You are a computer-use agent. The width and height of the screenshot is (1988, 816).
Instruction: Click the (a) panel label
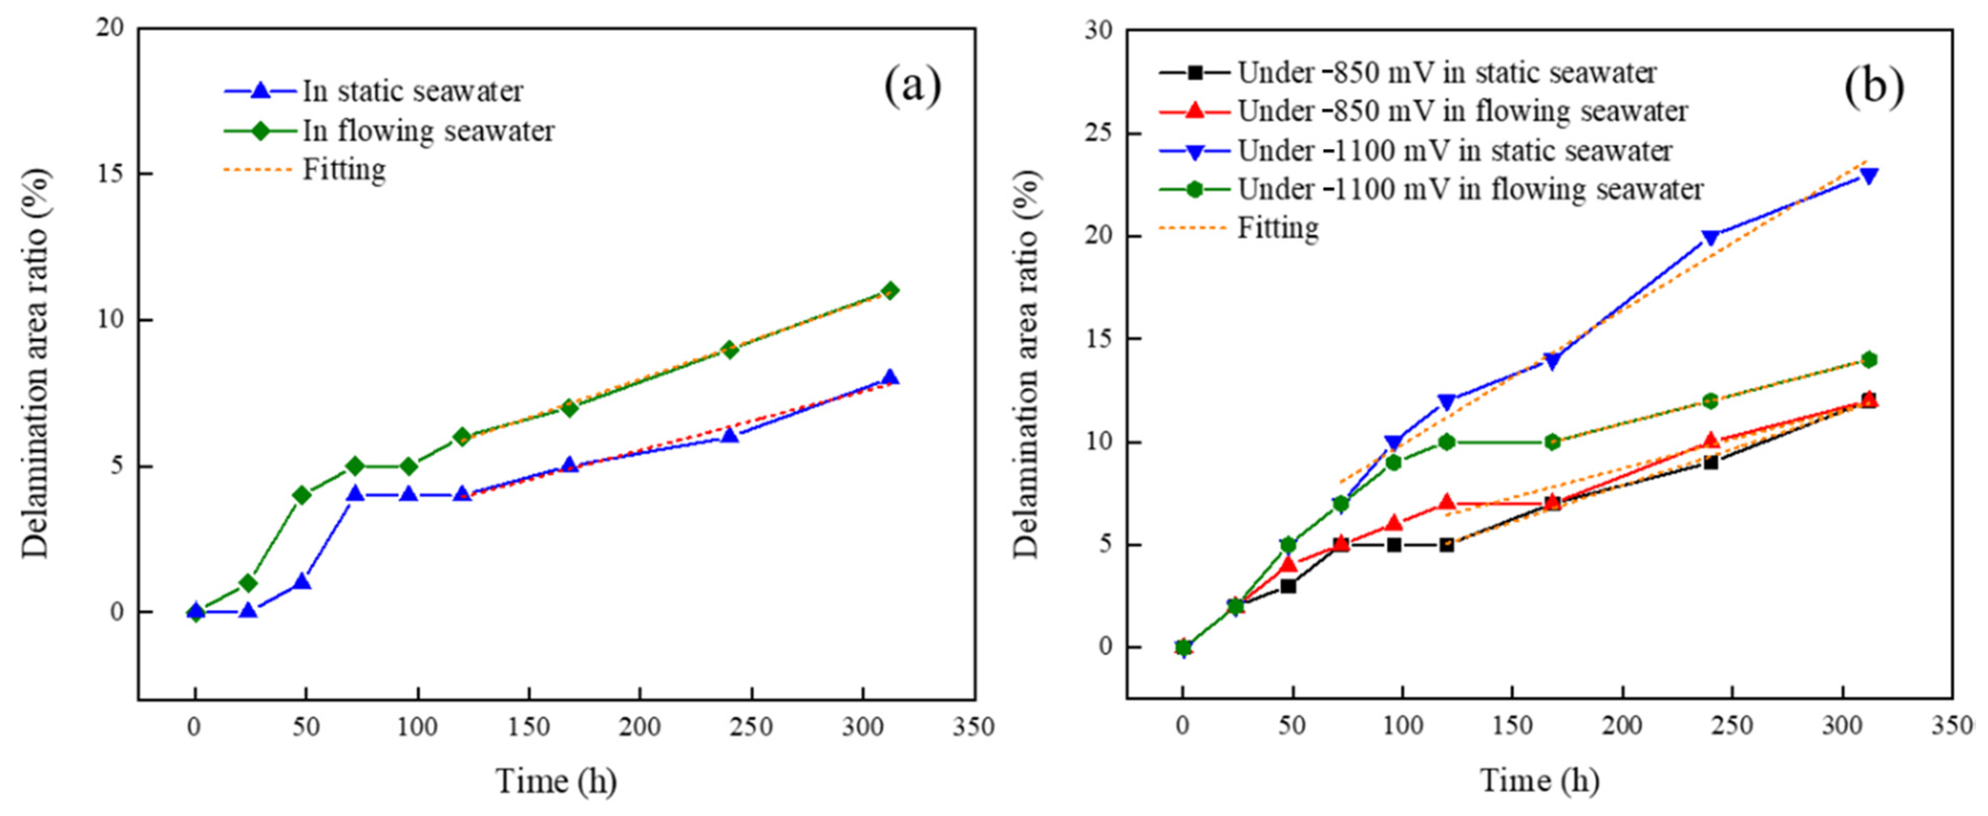coord(912,85)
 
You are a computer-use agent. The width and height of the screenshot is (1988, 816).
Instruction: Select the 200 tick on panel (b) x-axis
coord(1623,727)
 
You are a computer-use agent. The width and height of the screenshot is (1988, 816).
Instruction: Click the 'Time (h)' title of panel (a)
coord(556,781)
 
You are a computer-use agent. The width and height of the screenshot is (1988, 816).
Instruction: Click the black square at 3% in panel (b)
coord(1288,586)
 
